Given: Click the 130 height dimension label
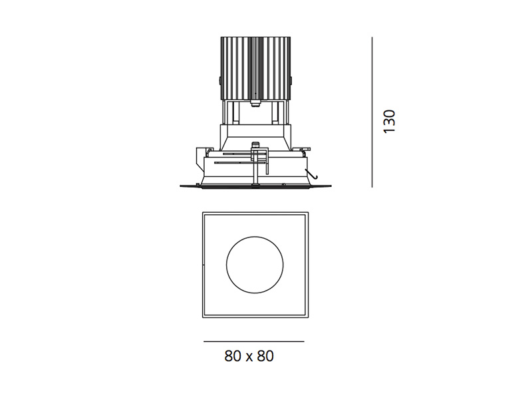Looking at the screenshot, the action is [x=389, y=122].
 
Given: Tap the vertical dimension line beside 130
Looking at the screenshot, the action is [x=372, y=112].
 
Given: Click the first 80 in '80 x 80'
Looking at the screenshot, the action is [x=232, y=356].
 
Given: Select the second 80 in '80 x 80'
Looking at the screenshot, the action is [x=265, y=356].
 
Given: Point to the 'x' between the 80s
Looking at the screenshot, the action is [x=249, y=358].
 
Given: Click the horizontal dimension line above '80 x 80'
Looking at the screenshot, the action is [x=254, y=341].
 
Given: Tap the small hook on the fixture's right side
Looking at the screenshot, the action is [x=313, y=174].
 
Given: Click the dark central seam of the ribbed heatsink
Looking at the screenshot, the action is [x=255, y=68].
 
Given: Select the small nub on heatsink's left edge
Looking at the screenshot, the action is [x=219, y=81].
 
